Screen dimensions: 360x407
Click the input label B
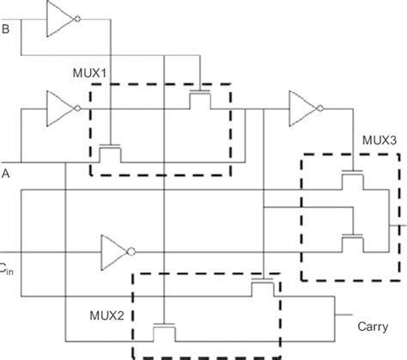click(7, 32)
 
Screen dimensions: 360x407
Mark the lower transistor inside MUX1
click(110, 151)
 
